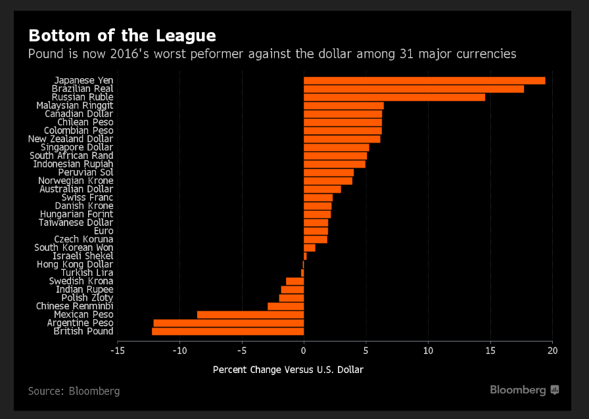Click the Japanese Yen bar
pos(424,80)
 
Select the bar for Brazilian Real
pos(413,89)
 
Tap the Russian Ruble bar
pos(394,97)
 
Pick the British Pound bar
pos(227,332)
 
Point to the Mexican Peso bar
pos(250,315)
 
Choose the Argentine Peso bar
pos(228,323)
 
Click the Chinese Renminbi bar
pos(285,306)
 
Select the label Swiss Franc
pos(87,198)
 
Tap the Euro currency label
pos(103,231)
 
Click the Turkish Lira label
pos(87,273)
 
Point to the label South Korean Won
pos(74,248)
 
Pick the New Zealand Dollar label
pos(70,139)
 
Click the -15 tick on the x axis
pos(118,351)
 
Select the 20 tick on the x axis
pos(552,351)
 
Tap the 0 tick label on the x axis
pos(304,351)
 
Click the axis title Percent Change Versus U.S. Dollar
pos(288,370)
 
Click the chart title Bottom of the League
pos(122,35)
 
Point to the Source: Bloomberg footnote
pos(74,391)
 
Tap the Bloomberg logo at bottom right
pos(524,390)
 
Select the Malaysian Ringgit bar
pos(343,105)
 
